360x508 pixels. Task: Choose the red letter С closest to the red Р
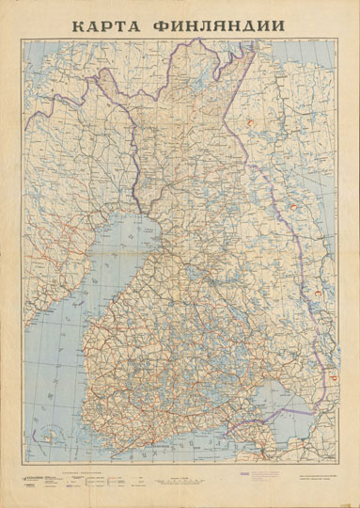point(317,294)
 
